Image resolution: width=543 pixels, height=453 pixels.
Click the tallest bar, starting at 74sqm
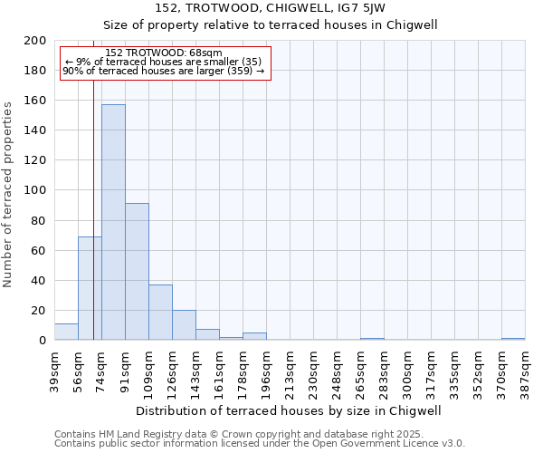click(113, 222)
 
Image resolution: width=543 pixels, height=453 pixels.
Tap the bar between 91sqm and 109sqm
click(137, 272)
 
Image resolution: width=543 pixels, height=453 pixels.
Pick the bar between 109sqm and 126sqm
click(160, 313)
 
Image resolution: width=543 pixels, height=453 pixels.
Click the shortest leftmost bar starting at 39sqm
click(66, 332)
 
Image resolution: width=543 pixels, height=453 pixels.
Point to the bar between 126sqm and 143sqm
click(184, 325)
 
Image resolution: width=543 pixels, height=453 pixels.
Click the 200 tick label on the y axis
click(35, 41)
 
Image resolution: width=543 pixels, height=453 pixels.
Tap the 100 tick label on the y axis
click(35, 191)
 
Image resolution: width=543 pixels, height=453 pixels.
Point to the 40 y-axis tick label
click(39, 281)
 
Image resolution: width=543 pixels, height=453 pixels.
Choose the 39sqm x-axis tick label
click(54, 368)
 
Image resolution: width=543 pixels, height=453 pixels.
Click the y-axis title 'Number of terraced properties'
click(8, 194)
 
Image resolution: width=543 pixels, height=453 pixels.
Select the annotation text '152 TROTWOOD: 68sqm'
click(163, 53)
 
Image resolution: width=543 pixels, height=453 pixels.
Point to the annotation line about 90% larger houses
click(163, 71)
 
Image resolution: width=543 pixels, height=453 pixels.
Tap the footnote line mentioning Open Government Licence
click(259, 444)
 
